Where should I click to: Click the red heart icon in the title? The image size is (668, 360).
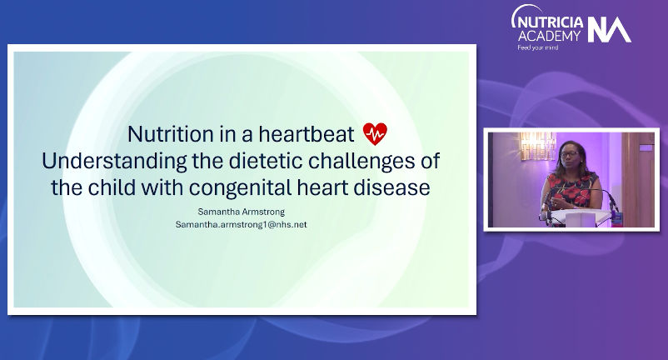[x=375, y=134]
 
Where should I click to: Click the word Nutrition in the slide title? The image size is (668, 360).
[x=171, y=134]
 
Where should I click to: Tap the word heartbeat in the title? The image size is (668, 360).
[x=307, y=134]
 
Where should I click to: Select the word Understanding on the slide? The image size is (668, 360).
[x=114, y=161]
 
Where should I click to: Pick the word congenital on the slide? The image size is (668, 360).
[x=240, y=187]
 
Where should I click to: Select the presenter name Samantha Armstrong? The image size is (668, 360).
[x=241, y=212]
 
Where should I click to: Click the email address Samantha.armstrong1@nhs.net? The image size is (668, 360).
[x=241, y=224]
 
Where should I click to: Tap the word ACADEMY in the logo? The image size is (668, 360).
[x=549, y=36]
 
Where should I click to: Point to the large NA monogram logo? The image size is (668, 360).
[x=609, y=30]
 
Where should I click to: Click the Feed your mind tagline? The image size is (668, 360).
[x=537, y=47]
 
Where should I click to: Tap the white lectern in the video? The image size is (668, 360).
[x=581, y=217]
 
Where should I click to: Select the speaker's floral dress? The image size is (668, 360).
[x=571, y=191]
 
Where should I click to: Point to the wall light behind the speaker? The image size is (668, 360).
[x=537, y=145]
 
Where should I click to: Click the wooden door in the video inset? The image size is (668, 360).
[x=638, y=179]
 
